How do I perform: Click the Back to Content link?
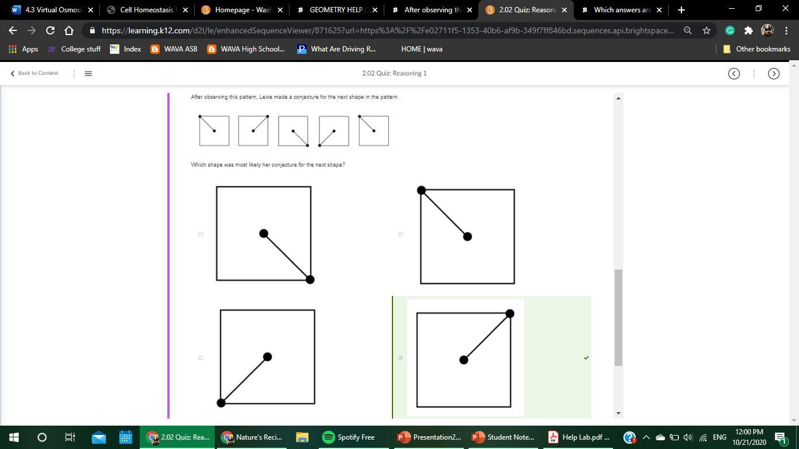(35, 73)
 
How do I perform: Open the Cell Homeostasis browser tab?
(147, 10)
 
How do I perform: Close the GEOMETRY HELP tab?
(375, 10)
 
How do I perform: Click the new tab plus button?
(681, 10)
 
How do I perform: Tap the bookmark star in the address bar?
(707, 30)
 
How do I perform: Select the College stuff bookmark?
(74, 49)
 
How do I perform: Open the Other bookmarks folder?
(756, 49)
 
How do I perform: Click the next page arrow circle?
(774, 74)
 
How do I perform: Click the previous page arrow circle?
(733, 74)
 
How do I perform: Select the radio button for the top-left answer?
(201, 234)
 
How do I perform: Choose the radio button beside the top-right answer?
(401, 234)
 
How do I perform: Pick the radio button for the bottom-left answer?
(201, 358)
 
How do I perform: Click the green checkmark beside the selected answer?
(586, 358)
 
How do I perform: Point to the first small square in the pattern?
(214, 130)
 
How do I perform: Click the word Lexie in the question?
(266, 97)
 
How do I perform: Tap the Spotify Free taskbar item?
(348, 437)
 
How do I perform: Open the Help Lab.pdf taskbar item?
(578, 437)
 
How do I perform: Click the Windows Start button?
(13, 437)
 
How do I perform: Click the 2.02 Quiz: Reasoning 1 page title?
(394, 73)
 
